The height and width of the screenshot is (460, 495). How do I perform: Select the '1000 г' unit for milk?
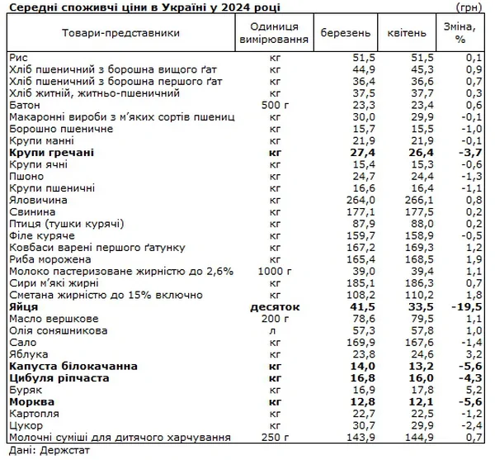[x=275, y=271]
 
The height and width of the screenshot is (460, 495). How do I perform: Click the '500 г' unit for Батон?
[x=275, y=106]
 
